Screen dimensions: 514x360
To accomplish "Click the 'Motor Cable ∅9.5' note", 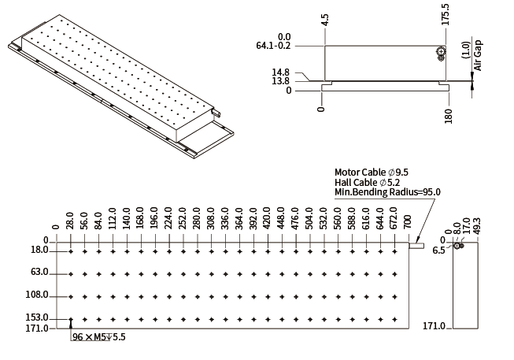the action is pyautogui.click(x=372, y=173).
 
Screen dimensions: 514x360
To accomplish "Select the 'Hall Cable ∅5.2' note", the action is pyautogui.click(x=367, y=183).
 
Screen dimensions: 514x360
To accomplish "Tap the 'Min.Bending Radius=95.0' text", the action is pyautogui.click(x=387, y=192).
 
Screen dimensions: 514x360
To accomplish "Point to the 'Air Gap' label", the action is pyautogui.click(x=478, y=55).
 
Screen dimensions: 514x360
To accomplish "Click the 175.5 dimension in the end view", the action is pyautogui.click(x=446, y=14).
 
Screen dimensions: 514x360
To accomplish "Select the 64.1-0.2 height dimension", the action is pyautogui.click(x=273, y=46).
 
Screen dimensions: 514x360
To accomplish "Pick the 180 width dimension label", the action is pyautogui.click(x=449, y=116).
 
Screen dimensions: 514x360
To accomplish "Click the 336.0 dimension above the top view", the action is pyautogui.click(x=225, y=218).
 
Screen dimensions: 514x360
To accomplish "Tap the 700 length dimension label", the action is pyautogui.click(x=407, y=222).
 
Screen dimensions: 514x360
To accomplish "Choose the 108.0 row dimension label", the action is pyautogui.click(x=37, y=295).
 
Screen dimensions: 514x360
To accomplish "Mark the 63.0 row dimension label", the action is pyautogui.click(x=39, y=272).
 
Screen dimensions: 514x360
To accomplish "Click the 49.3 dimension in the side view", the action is pyautogui.click(x=477, y=225).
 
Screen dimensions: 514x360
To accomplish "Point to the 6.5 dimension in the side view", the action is pyautogui.click(x=438, y=251).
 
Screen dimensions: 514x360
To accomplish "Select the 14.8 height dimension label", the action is pyautogui.click(x=280, y=72).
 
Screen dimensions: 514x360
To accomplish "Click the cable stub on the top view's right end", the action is pyautogui.click(x=416, y=246).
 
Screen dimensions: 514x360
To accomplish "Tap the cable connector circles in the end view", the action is pyautogui.click(x=441, y=54).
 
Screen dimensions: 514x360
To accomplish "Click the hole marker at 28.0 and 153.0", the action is pyautogui.click(x=71, y=319).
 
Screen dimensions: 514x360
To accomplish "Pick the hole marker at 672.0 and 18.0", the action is pyautogui.click(x=394, y=252).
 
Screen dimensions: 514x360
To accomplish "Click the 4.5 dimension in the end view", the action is pyautogui.click(x=324, y=20).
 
